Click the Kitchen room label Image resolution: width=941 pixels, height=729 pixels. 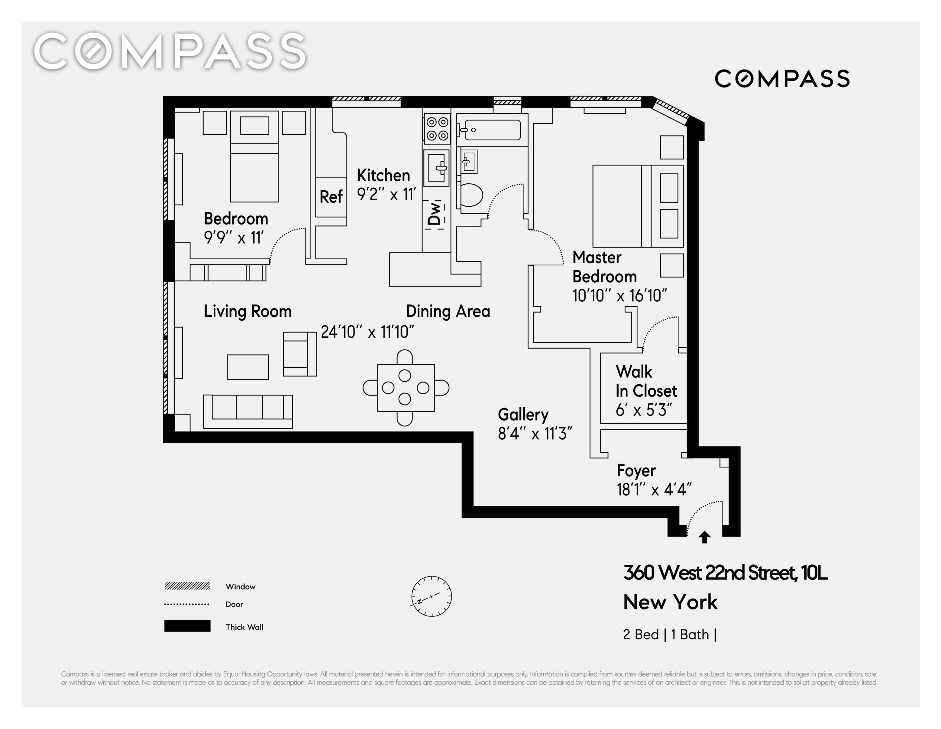383,176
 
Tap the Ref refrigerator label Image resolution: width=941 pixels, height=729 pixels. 331,197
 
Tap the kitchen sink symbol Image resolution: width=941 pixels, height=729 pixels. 436,168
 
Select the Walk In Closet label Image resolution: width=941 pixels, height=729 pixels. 646,381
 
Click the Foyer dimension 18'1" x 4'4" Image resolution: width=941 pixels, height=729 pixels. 654,490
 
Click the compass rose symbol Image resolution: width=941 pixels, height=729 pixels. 431,596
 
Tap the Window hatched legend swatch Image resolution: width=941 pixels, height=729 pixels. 187,586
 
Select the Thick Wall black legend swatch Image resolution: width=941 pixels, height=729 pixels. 187,626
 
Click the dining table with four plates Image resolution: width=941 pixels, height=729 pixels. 406,388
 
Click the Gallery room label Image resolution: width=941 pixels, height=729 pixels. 523,415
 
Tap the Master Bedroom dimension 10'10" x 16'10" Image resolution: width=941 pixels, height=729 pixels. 619,296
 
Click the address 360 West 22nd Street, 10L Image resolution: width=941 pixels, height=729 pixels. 725,573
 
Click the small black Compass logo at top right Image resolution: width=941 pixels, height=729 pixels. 782,78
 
